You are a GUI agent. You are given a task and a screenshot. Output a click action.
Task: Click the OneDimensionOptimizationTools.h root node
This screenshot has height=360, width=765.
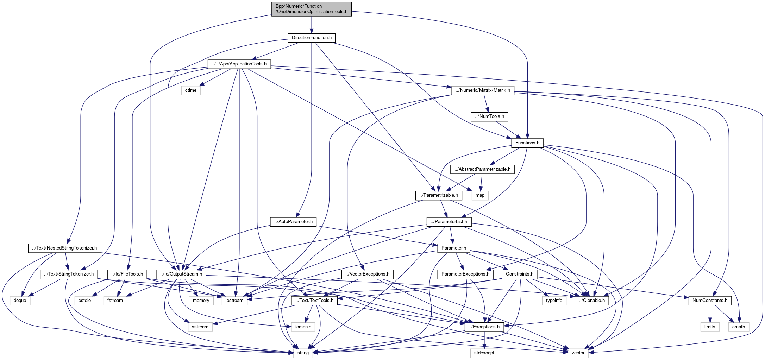pos(312,9)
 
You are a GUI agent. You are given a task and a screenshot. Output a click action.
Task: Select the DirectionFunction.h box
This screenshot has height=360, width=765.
pos(312,38)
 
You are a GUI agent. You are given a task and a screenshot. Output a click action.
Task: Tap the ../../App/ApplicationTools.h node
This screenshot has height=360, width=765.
pos(239,64)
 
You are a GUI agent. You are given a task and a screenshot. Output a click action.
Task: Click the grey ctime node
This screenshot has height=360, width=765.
pos(191,90)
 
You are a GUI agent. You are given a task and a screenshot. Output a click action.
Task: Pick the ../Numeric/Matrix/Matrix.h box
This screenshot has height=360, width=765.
pos(483,90)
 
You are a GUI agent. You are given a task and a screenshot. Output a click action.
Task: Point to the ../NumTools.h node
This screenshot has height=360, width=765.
pos(490,116)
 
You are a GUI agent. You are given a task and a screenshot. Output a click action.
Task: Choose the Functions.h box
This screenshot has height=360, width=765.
pos(527,143)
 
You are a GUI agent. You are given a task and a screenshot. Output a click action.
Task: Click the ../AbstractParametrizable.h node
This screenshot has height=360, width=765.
pos(482,169)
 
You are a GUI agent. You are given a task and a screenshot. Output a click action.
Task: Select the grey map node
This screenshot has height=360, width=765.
pos(480,195)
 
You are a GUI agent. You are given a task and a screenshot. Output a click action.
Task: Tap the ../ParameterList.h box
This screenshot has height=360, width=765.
pos(449,222)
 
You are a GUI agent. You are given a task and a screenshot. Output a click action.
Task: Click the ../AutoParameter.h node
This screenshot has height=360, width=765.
pos(293,222)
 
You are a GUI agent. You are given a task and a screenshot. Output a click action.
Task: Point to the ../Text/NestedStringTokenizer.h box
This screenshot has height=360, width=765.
pos(64,248)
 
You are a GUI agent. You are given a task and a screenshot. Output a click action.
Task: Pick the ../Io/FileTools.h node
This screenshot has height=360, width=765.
pos(127,274)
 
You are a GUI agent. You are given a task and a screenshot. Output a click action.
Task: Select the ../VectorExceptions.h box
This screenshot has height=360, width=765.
pos(367,274)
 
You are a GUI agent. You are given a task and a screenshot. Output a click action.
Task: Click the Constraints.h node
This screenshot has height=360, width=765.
pos(519,274)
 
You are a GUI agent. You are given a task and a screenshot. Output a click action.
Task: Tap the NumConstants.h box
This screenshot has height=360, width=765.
pos(710,301)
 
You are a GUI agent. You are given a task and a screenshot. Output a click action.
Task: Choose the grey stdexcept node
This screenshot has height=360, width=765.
pos(484,353)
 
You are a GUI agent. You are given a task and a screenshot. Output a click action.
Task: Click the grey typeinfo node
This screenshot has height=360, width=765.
pos(554,301)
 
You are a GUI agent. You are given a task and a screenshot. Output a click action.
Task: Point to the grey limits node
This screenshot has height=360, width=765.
pos(710,327)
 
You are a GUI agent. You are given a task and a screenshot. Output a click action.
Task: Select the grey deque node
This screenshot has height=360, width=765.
pos(20,301)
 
